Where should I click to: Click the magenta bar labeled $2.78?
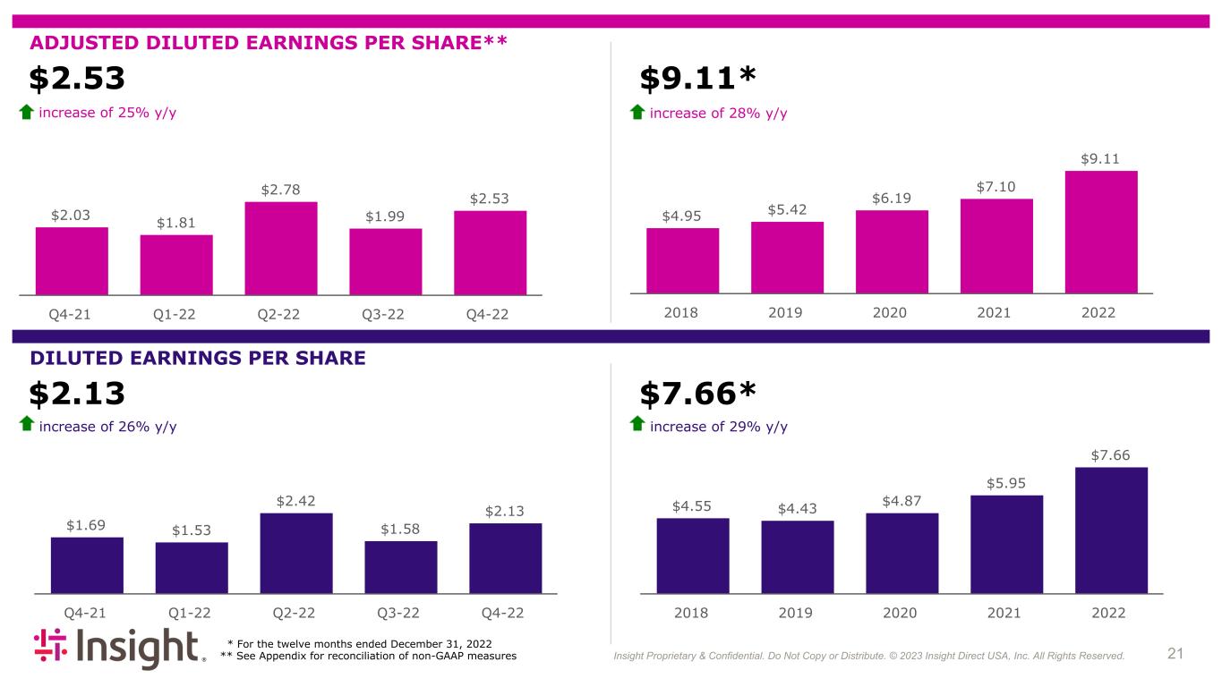pos(281,249)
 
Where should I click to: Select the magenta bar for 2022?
pos(1101,233)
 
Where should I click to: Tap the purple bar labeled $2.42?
pos(296,554)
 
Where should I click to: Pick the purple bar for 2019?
pos(798,557)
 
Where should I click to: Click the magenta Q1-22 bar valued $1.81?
pos(176,265)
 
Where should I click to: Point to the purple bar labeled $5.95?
pos(1006,545)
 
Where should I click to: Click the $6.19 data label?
pos(892,198)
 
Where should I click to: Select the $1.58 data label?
pos(400,529)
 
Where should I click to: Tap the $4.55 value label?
pos(692,506)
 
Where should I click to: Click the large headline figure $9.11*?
pos(697,78)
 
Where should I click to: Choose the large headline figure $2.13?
pos(77,393)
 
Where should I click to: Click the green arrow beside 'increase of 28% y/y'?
pos(637,112)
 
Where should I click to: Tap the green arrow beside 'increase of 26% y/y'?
pos(27,424)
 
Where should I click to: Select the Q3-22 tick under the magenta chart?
pos(383,314)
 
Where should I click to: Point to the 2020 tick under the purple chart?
pos(900,613)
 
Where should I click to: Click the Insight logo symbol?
pos(50,645)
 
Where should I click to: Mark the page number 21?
pos(1175,653)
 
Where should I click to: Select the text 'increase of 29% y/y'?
pos(719,427)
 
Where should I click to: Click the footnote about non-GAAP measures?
pos(368,656)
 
